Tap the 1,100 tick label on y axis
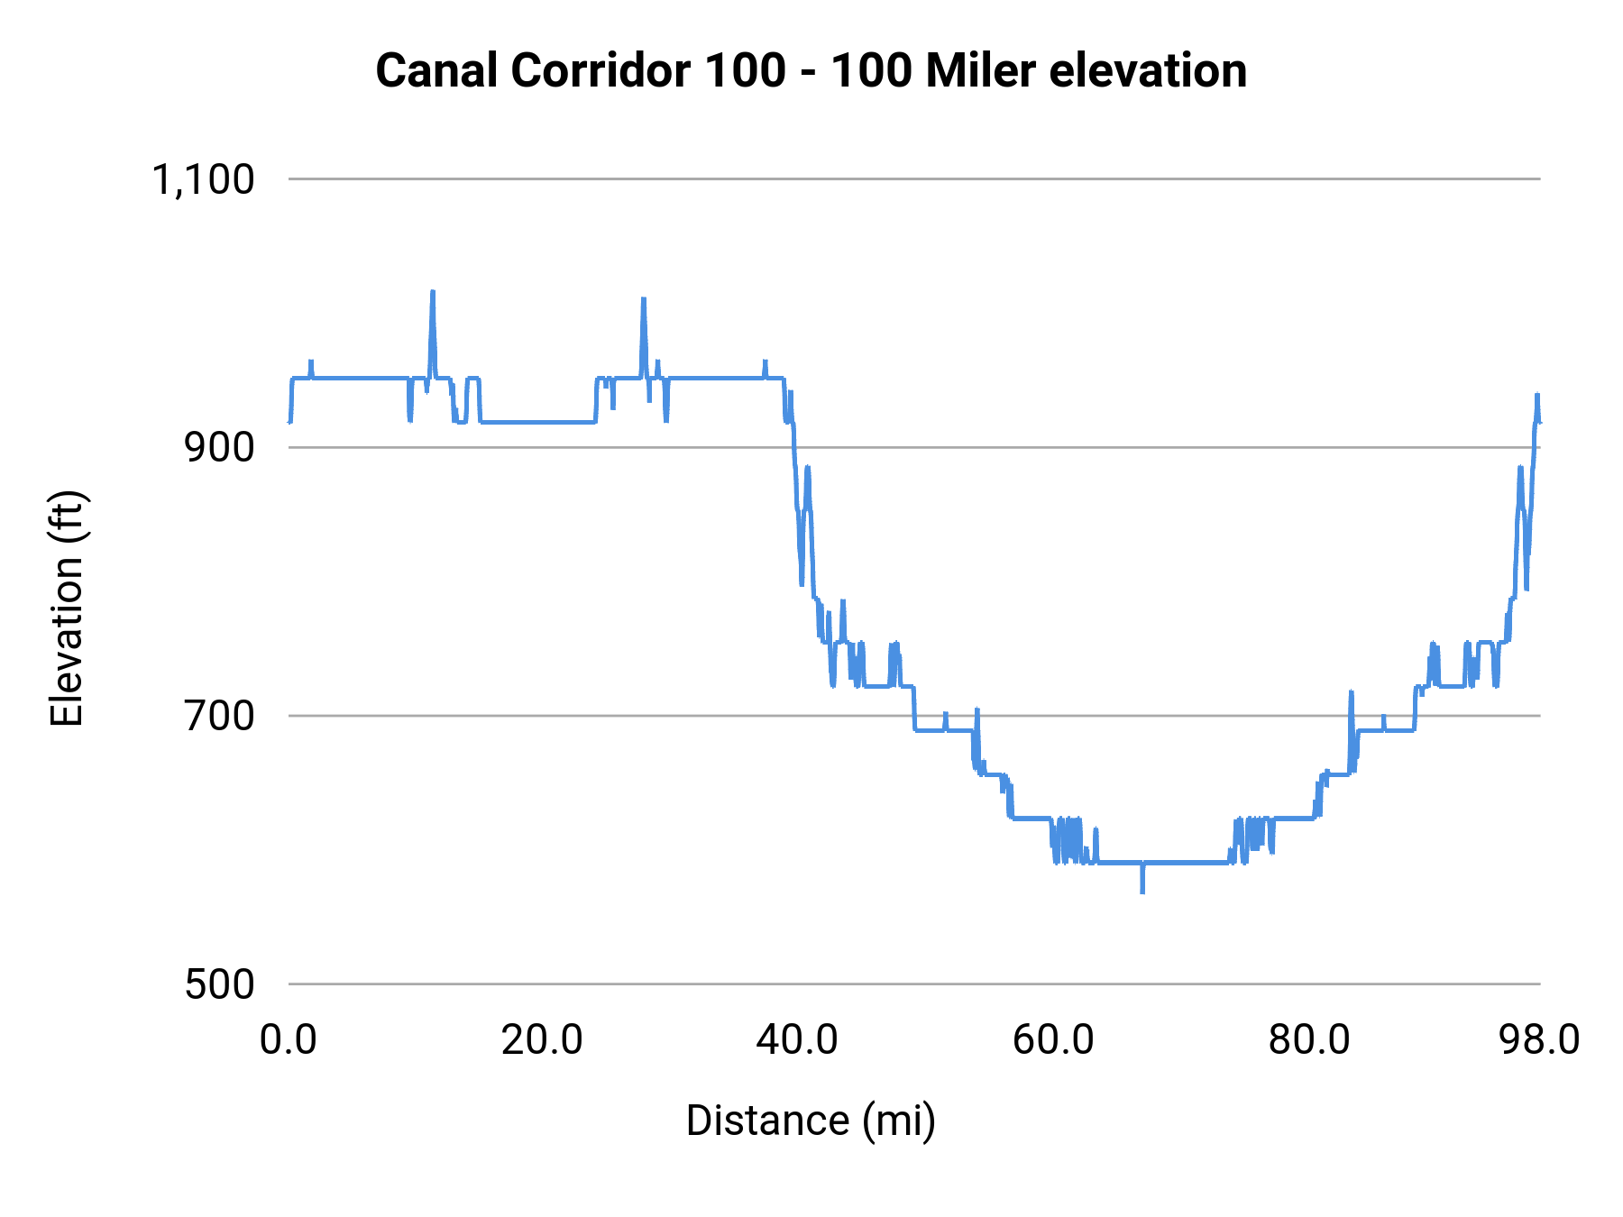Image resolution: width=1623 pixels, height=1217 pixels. point(203,179)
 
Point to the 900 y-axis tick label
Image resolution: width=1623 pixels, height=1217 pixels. point(220,447)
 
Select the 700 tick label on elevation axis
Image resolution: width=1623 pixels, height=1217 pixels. point(220,716)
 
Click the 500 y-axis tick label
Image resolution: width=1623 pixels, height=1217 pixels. point(220,984)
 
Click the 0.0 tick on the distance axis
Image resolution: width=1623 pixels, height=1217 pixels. point(289,1039)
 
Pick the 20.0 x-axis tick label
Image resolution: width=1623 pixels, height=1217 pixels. point(543,1039)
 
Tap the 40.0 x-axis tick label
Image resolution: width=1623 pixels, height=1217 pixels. point(797,1039)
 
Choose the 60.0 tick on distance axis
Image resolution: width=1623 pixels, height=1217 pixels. point(1053,1039)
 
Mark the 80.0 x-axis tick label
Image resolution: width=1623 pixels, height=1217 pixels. point(1309,1039)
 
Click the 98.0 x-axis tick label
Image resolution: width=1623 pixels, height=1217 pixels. point(1539,1039)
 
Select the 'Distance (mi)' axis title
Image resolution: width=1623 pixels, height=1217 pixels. point(811,1121)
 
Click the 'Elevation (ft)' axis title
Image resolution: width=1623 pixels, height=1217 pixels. point(67,608)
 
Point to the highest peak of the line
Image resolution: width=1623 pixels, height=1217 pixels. point(433,292)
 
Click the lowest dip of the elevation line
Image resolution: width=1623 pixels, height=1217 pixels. point(1142,891)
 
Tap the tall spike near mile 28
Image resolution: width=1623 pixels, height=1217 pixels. point(644,299)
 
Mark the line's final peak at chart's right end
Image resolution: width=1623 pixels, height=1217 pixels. point(1537,395)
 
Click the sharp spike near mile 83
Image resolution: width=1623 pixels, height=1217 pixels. point(1351,692)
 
